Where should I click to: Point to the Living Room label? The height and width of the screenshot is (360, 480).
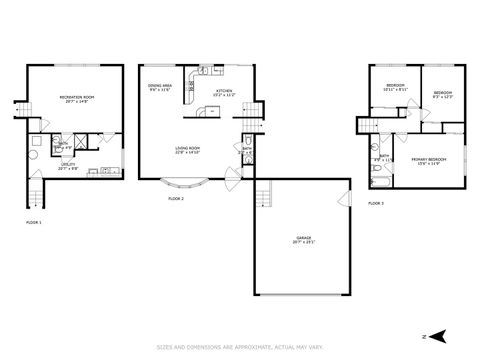[x=189, y=150]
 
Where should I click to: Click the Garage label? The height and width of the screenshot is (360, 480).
[x=302, y=239]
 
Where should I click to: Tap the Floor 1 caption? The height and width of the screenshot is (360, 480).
[x=33, y=222]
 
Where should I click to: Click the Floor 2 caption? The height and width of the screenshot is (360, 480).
[x=176, y=200]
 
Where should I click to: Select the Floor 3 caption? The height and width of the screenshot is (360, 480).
[x=375, y=203]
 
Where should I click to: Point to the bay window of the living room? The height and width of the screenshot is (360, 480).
[x=186, y=184]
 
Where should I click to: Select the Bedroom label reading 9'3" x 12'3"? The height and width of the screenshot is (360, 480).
[x=443, y=95]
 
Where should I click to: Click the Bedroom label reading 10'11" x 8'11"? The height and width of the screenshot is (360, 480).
[x=396, y=87]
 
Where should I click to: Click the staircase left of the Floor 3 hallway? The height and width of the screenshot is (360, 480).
[x=366, y=123]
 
